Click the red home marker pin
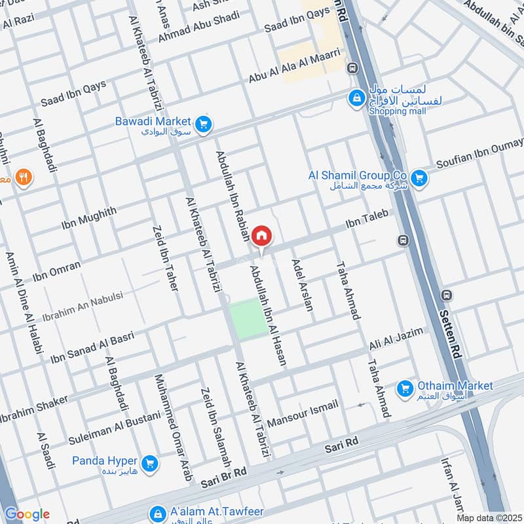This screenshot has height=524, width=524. [261, 235]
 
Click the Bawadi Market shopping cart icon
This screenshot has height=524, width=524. [204, 122]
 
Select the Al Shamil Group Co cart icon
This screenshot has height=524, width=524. [419, 176]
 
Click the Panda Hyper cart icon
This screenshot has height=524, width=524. [150, 463]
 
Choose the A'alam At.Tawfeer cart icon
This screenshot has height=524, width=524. [157, 513]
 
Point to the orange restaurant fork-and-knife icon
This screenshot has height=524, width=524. [24, 177]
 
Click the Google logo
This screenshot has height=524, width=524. [27, 514]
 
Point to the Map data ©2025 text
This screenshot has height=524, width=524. [488, 517]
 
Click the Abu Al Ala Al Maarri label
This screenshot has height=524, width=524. [294, 65]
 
